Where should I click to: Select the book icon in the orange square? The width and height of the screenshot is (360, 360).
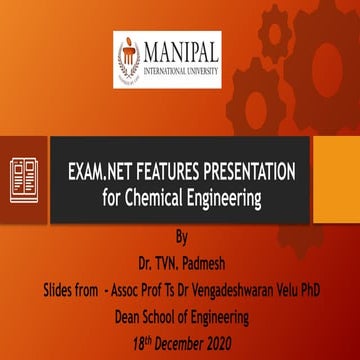point(24,179)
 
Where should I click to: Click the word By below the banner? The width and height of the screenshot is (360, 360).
point(180,237)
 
